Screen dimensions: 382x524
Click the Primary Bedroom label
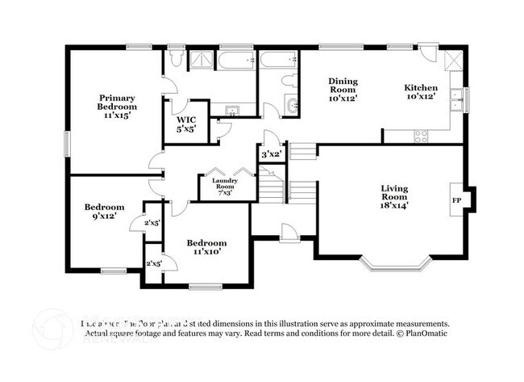[x=117, y=105]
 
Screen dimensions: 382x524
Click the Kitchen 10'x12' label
[x=421, y=93]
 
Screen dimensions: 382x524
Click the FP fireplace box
[x=456, y=199]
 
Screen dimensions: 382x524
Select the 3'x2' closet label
[x=269, y=153]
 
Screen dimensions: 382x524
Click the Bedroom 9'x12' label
[x=105, y=212]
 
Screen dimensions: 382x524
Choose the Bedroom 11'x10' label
[x=206, y=246]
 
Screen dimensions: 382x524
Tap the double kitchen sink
[x=457, y=99]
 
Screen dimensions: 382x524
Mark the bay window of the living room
[x=392, y=263]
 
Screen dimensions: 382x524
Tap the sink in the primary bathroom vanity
[x=232, y=111]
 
